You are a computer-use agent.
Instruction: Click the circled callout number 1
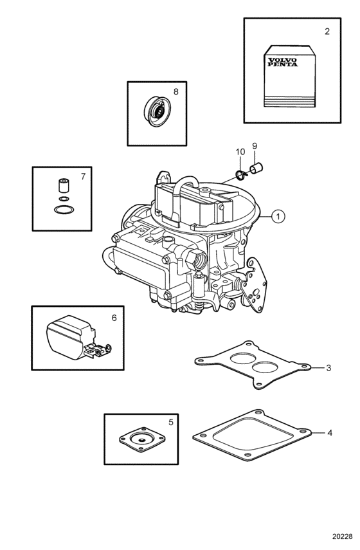[x=278, y=216]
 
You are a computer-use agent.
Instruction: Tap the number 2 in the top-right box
[x=327, y=32]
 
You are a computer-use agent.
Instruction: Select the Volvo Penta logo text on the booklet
[x=282, y=62]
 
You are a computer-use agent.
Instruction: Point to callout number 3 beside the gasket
[x=328, y=368]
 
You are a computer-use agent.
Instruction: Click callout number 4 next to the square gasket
[x=330, y=433]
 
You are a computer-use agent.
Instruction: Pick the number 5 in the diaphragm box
[x=171, y=422]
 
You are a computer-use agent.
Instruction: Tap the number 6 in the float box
[x=114, y=318]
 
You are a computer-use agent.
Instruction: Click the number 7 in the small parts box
[x=83, y=176]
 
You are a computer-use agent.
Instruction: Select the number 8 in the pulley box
[x=176, y=91]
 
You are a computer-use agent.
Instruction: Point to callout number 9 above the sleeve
[x=255, y=145]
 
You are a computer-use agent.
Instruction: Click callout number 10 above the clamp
[x=240, y=152]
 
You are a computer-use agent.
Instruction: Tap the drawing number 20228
[x=342, y=536]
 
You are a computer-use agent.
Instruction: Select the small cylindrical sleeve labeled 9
[x=256, y=168]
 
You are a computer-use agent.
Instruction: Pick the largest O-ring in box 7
[x=64, y=210]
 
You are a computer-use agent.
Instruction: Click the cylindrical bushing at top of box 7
[x=64, y=185]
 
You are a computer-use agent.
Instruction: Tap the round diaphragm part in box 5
[x=142, y=439]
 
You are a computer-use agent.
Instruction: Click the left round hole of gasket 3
[x=243, y=358]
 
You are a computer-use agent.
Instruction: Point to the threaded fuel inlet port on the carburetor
[x=197, y=259]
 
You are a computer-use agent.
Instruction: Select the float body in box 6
[x=69, y=336]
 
